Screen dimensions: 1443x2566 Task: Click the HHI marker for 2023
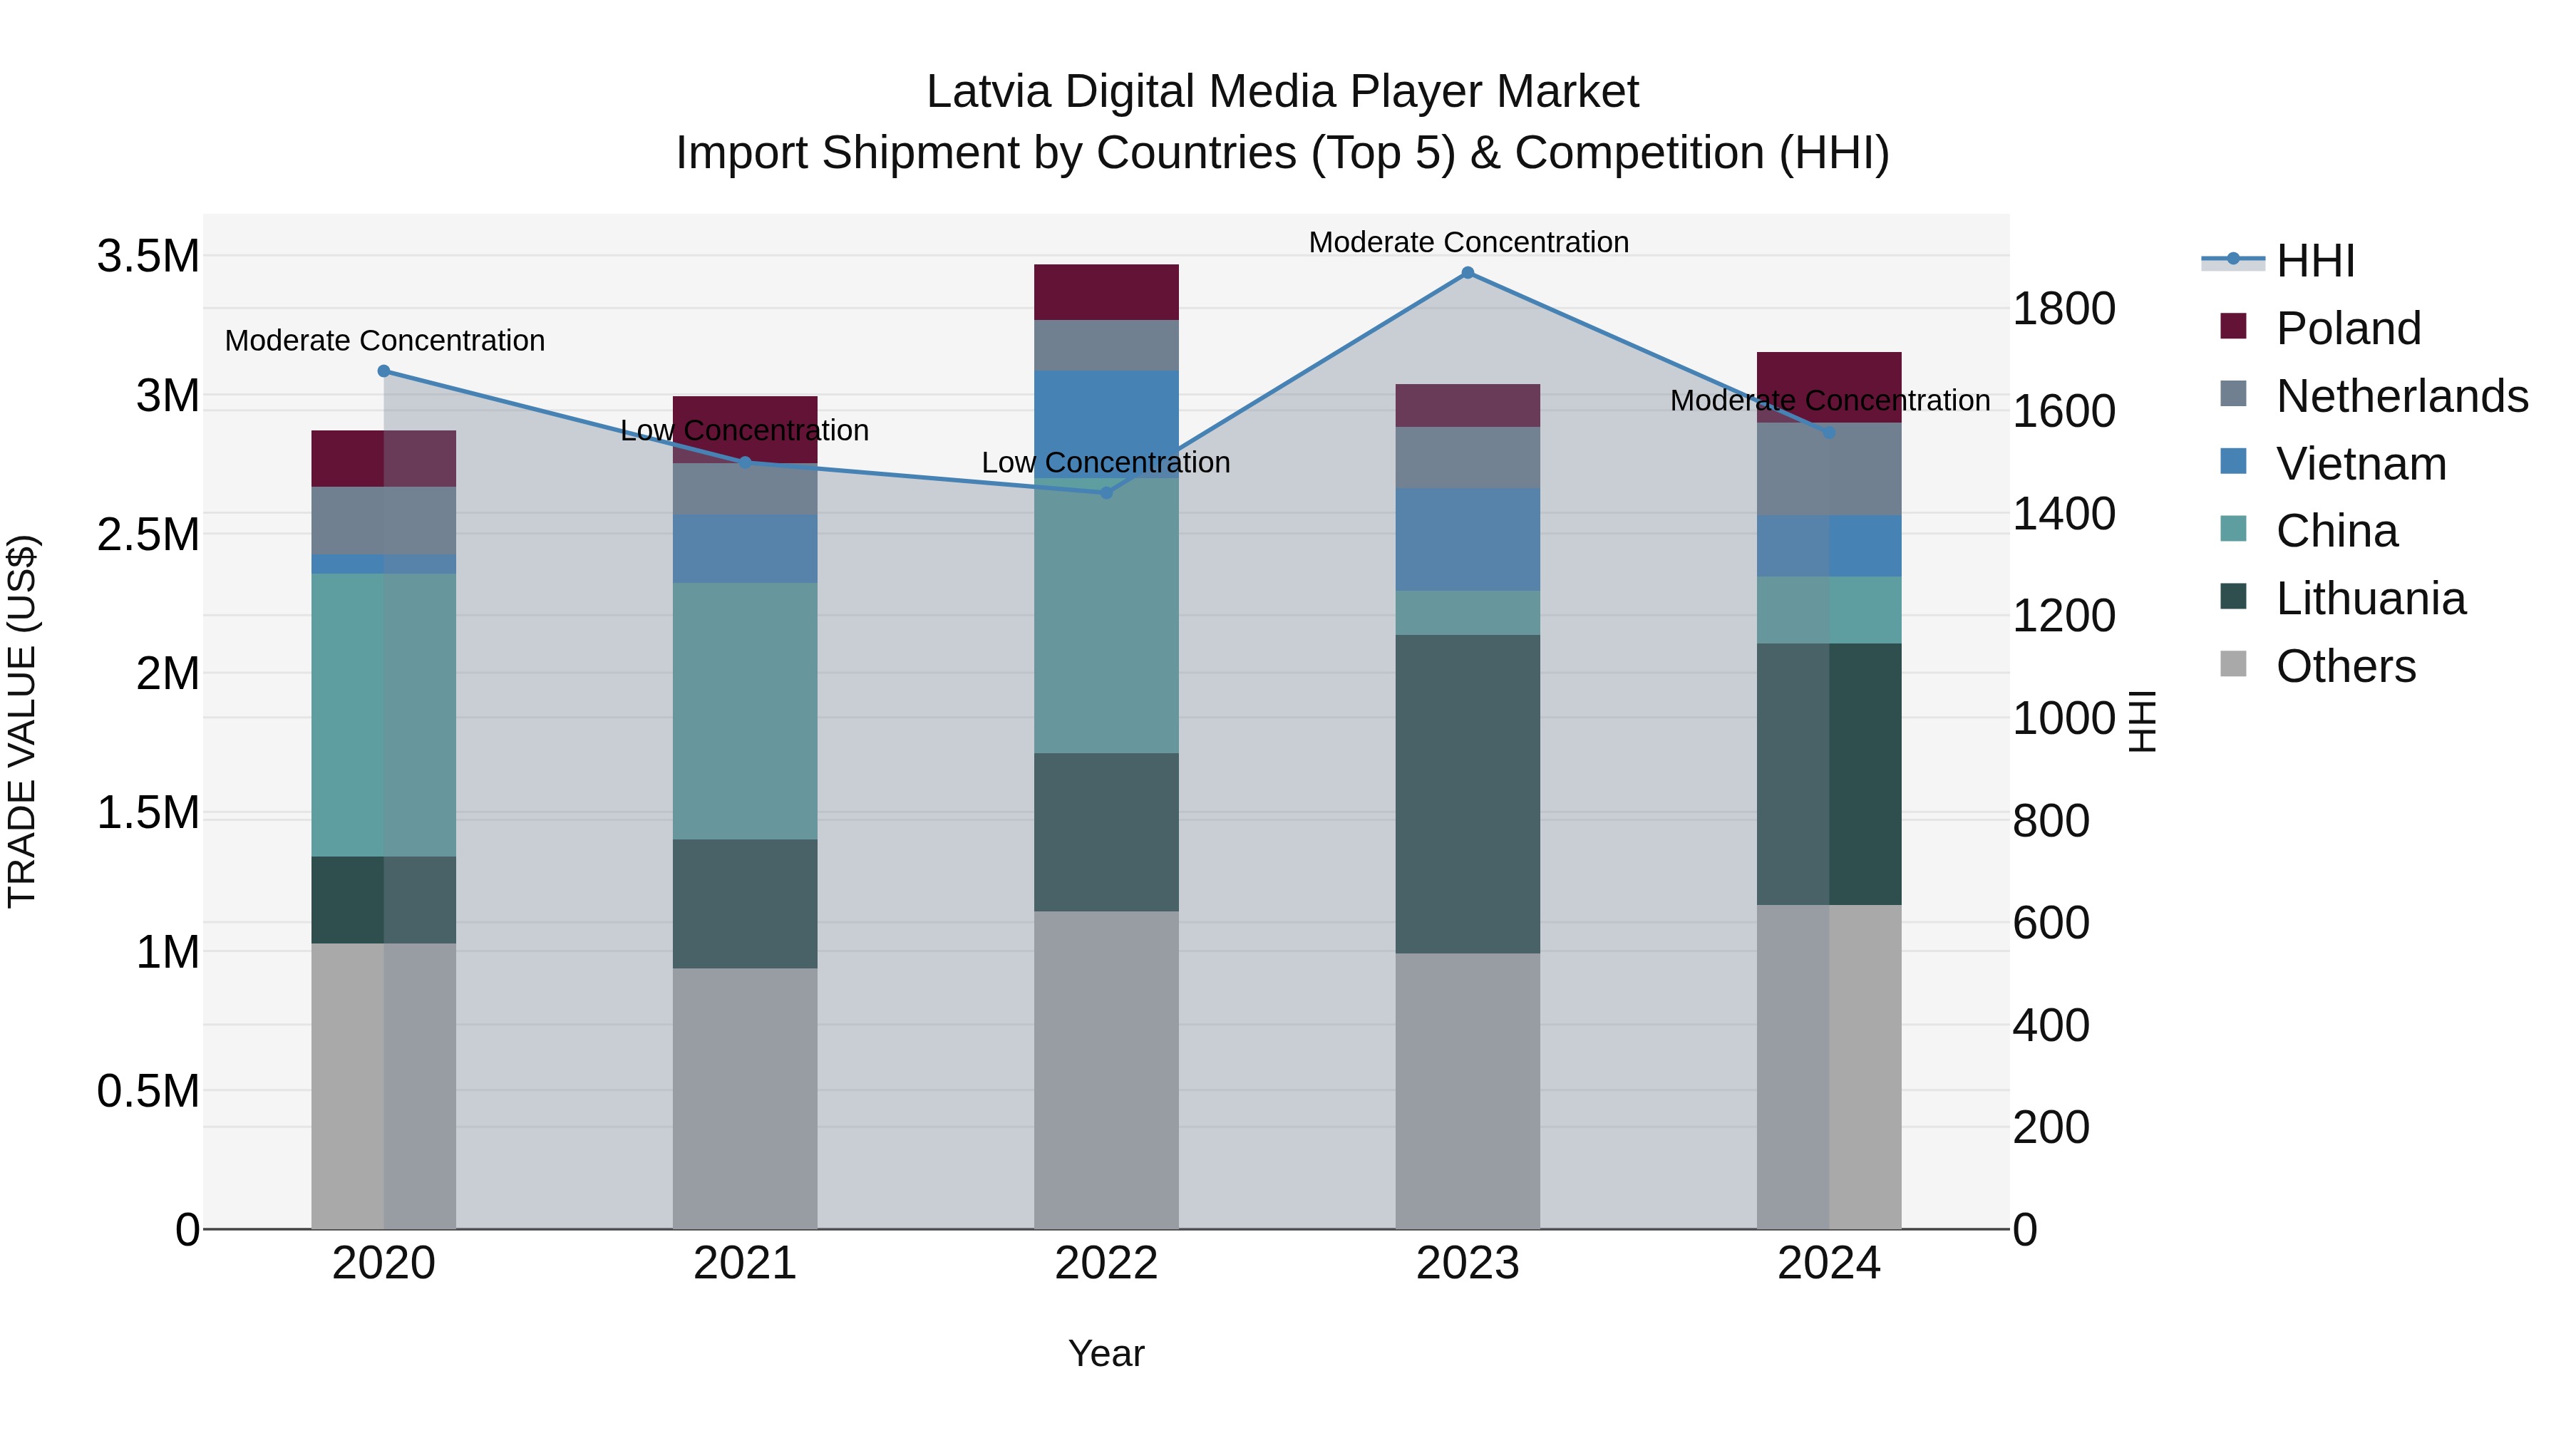[x=1468, y=273]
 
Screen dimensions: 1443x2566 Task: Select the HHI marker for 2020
[x=383, y=371]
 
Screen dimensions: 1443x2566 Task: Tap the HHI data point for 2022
[x=1106, y=493]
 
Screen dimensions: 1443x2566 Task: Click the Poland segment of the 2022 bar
[x=1106, y=291]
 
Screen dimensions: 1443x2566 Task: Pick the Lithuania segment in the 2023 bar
[x=1468, y=794]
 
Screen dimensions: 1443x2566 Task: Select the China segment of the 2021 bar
[x=744, y=711]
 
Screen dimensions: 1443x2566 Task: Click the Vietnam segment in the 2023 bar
[x=1468, y=539]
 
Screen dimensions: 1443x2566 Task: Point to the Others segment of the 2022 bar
[x=1106, y=1070]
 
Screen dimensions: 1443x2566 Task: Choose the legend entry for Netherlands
[x=2401, y=396]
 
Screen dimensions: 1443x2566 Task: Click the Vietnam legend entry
[x=2361, y=464]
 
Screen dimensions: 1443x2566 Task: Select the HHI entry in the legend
[x=2315, y=261]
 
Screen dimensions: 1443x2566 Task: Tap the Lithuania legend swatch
[x=2233, y=598]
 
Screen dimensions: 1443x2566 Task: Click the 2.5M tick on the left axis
[x=148, y=534]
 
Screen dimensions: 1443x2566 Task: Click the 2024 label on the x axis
[x=1829, y=1263]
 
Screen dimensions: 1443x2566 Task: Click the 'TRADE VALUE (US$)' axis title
[x=22, y=721]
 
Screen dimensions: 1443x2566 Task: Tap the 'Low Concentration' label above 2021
[x=744, y=430]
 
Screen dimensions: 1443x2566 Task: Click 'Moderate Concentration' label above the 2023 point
[x=1468, y=242]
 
